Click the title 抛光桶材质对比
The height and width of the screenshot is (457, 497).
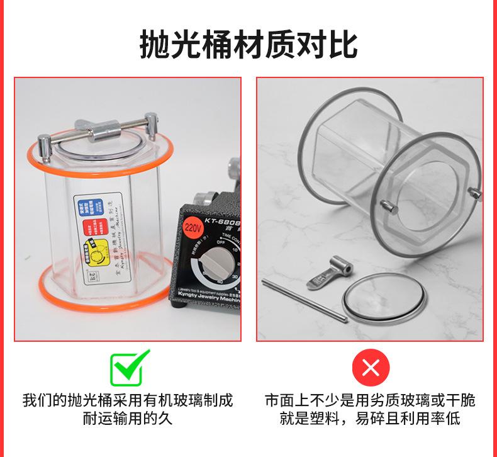[x=248, y=43]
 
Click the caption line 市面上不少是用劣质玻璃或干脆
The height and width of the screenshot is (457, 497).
[x=370, y=400]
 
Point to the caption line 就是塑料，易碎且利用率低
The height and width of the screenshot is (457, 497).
[x=370, y=419]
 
